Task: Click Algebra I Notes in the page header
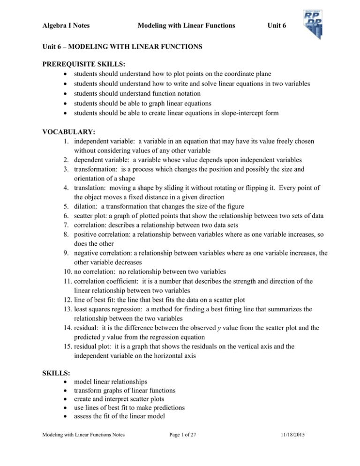point(66,26)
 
